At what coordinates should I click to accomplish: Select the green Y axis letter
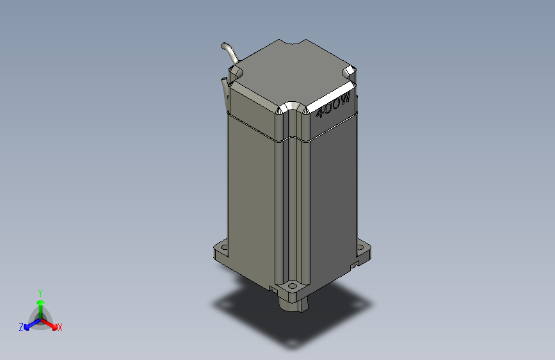click(x=40, y=291)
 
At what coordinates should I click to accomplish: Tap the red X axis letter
click(x=60, y=327)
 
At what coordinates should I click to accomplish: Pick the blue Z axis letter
click(x=21, y=327)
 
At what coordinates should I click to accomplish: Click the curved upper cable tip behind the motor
click(x=225, y=47)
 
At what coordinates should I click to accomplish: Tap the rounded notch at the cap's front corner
click(x=291, y=106)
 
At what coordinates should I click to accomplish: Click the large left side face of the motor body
click(x=253, y=192)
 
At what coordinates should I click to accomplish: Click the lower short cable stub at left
click(x=224, y=86)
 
